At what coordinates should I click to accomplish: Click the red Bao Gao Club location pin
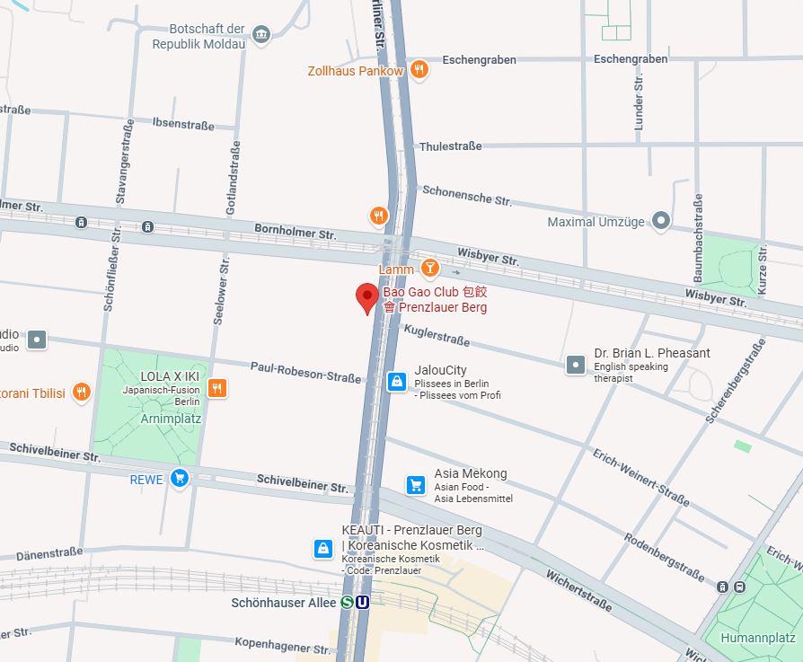(x=366, y=296)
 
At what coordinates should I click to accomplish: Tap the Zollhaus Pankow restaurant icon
(x=419, y=70)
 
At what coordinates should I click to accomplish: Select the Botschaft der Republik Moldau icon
(x=261, y=34)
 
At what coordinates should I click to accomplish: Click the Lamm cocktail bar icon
(x=430, y=268)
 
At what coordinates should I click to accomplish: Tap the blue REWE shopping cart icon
(x=180, y=478)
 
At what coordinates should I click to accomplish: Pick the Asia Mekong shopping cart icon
(x=415, y=484)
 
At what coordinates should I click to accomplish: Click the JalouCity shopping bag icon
(x=396, y=381)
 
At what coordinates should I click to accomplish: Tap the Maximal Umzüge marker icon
(x=661, y=220)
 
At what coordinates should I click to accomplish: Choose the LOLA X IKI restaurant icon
(x=216, y=388)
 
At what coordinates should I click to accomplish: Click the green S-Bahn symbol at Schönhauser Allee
(x=347, y=602)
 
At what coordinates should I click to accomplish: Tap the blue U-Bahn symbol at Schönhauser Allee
(x=362, y=602)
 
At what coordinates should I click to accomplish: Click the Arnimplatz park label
(x=171, y=419)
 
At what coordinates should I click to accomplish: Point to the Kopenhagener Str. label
(x=282, y=645)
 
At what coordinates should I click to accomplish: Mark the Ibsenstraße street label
(x=183, y=122)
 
